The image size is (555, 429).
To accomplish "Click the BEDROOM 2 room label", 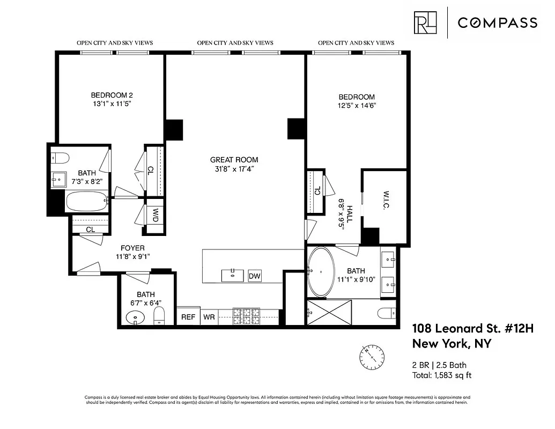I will [111, 96].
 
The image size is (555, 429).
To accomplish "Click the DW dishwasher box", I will [255, 276].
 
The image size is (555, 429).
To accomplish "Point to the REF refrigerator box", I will [188, 317].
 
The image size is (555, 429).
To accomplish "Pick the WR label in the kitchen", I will [209, 317].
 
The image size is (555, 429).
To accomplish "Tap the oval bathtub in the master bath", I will [321, 271].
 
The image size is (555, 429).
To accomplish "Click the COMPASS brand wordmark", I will [497, 23].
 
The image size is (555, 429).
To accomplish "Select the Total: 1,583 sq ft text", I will [441, 375].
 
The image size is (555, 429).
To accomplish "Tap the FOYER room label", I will [132, 248].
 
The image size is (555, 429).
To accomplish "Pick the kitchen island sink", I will [233, 275].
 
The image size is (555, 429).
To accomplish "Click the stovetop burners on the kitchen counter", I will [246, 316].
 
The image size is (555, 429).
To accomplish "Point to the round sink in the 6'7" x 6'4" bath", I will [136, 318].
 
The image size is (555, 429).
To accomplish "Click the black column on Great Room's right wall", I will [296, 129].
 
